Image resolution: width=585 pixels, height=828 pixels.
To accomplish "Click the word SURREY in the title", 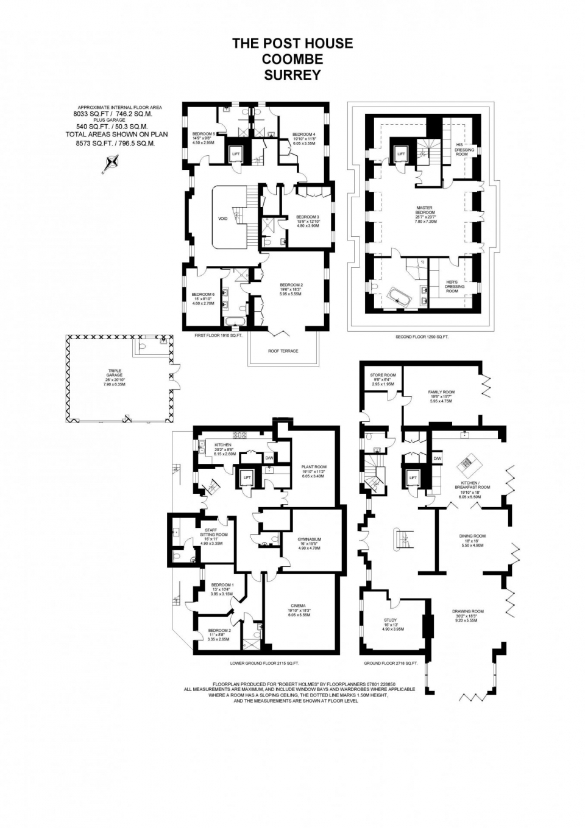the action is click(x=292, y=75).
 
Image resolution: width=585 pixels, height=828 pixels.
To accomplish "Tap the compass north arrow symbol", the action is click(x=112, y=163).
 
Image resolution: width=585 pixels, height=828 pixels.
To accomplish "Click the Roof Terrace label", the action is click(x=283, y=351).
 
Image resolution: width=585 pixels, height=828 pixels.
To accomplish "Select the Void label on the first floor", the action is click(x=222, y=219).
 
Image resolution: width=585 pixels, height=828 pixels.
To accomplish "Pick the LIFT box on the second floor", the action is click(x=401, y=155).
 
